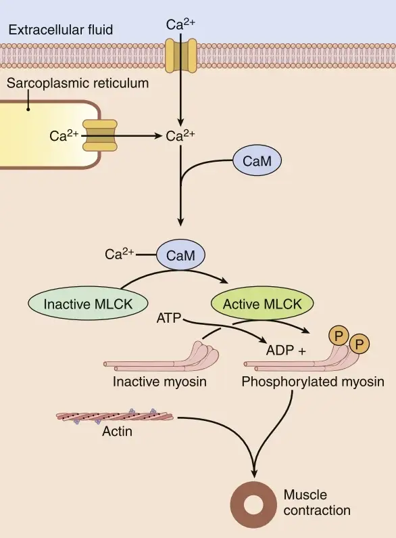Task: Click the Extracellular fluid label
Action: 61,30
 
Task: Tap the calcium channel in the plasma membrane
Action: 181,55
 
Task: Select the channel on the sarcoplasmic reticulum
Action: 100,135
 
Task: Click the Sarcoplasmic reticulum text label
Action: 78,83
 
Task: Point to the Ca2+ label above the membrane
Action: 180,25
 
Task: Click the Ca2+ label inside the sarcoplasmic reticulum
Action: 64,136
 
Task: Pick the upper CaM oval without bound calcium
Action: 257,161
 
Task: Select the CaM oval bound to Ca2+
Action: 180,255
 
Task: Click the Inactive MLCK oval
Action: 88,304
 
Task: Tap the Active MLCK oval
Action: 262,304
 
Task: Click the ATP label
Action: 168,318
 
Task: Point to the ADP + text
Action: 286,351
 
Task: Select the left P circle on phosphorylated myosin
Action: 339,336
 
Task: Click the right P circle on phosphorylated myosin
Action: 360,344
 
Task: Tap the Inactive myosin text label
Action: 159,382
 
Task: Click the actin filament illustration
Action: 115,416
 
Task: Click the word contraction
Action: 317,510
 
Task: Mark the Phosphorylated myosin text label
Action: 313,382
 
